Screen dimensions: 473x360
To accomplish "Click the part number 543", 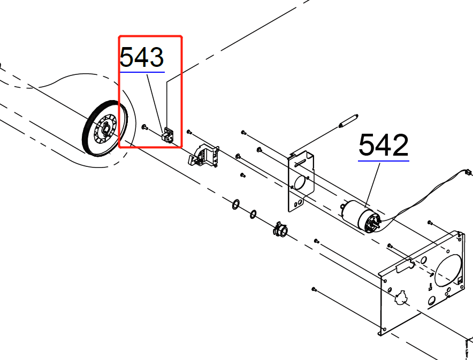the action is (x=142, y=57).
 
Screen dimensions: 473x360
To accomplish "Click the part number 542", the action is (x=384, y=145).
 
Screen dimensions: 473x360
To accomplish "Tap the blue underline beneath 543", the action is (x=142, y=72).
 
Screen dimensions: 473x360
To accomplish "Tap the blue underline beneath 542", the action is (x=384, y=160).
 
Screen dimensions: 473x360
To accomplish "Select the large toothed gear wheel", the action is (x=104, y=128).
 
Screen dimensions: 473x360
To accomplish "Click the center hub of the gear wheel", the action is (x=106, y=128).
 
